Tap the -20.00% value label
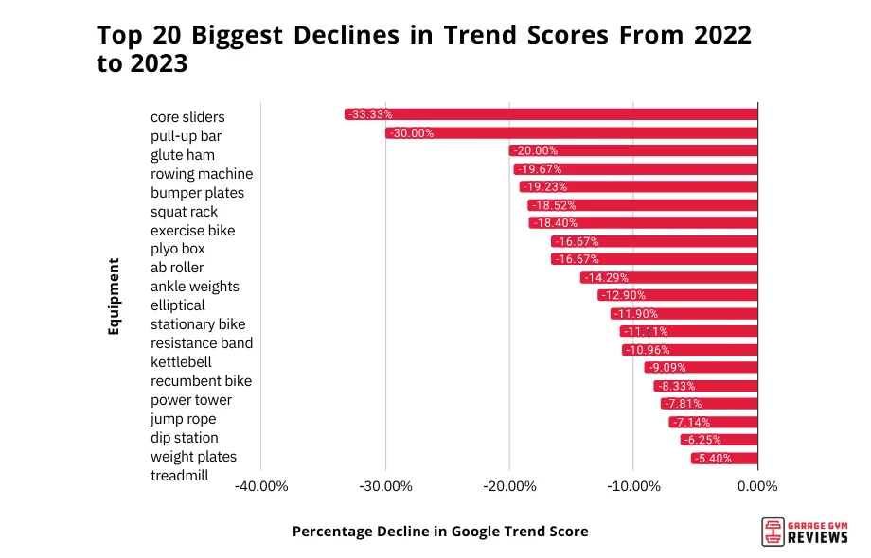click(x=534, y=150)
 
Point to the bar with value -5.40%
click(x=724, y=459)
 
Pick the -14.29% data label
click(x=605, y=278)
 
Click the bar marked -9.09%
click(x=701, y=368)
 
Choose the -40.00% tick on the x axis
click(x=261, y=487)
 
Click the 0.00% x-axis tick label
click(x=756, y=487)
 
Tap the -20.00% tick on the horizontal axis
click(x=509, y=487)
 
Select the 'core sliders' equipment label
click(x=187, y=117)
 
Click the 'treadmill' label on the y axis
click(x=180, y=476)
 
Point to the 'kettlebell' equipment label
click(x=181, y=362)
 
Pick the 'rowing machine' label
click(x=202, y=174)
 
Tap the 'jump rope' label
click(x=183, y=419)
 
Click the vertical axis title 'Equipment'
click(x=114, y=296)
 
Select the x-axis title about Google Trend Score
click(x=440, y=532)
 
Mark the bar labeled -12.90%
click(x=678, y=295)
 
